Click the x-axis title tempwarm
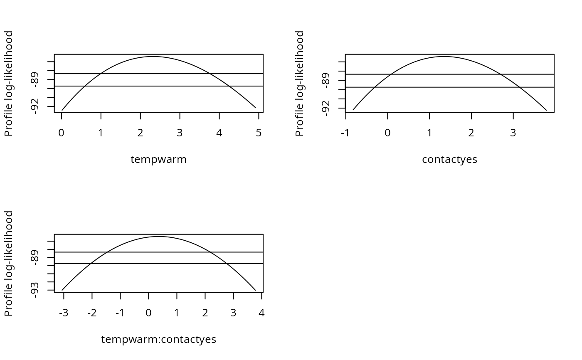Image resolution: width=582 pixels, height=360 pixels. click(158, 160)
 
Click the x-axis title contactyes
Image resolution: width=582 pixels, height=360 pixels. click(449, 160)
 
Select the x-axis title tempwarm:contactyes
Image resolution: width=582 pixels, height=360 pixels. click(158, 340)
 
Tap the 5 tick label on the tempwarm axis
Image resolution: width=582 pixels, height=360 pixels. click(259, 133)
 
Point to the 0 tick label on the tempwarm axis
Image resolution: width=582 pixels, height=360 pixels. click(62, 133)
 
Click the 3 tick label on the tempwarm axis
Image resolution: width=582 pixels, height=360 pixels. click(180, 133)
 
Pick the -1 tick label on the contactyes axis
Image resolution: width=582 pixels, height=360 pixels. click(345, 133)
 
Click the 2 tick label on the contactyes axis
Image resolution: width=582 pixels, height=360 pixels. click(471, 133)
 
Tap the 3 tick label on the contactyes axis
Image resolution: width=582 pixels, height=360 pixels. click(513, 133)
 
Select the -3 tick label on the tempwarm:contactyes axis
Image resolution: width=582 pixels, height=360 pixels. click(63, 313)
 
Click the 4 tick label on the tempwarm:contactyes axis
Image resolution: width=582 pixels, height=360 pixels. click(261, 313)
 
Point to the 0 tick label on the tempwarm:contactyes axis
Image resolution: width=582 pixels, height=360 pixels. click(148, 313)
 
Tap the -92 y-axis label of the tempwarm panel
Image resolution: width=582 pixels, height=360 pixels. click(35, 106)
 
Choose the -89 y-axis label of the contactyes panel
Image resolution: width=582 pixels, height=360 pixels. click(326, 80)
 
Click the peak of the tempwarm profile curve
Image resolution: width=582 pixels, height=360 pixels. click(153, 56)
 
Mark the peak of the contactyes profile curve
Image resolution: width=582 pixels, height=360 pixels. click(444, 56)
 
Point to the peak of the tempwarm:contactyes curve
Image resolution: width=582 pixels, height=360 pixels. click(159, 236)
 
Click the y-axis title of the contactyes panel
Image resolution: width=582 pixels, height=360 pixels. click(300, 83)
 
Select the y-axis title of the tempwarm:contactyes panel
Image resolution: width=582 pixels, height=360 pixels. click(9, 263)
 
